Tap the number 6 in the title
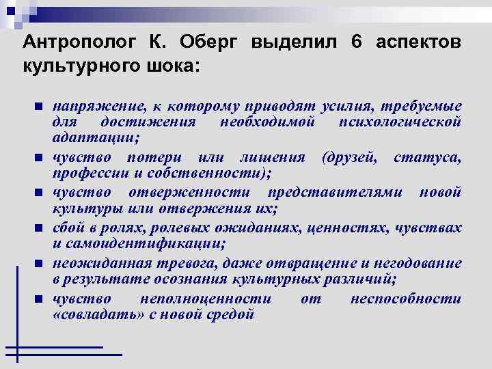[356, 42]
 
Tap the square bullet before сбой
[39, 228]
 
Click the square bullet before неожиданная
[39, 263]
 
